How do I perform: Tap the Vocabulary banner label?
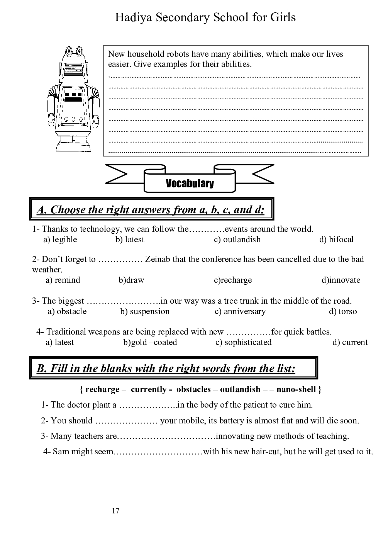(x=190, y=183)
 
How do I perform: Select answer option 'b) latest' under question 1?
(x=130, y=240)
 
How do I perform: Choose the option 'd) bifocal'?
(x=336, y=240)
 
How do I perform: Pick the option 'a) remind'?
(x=63, y=280)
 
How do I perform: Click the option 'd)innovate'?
(x=341, y=280)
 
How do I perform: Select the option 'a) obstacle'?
(x=67, y=311)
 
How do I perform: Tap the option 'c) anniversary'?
(x=240, y=311)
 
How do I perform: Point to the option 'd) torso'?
(x=343, y=311)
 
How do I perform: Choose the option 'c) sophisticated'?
(x=243, y=342)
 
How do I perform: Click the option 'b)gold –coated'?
(x=150, y=342)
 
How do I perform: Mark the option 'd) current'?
(x=350, y=342)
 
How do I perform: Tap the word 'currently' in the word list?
(x=148, y=389)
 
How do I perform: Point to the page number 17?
(x=115, y=511)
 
